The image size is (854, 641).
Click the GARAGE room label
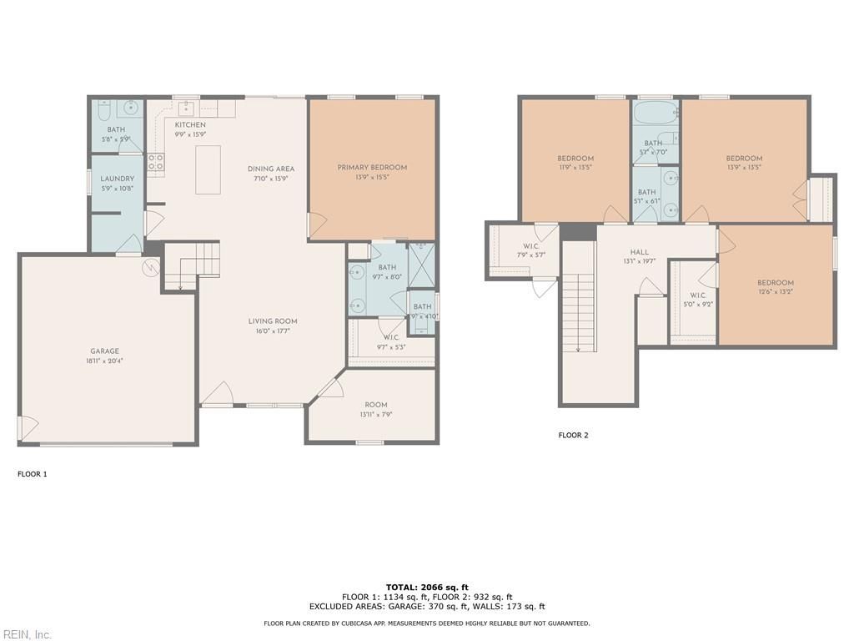[105, 351]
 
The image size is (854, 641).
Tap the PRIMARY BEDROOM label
[372, 168]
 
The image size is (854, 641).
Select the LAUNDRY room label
[117, 179]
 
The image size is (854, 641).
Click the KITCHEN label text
[190, 125]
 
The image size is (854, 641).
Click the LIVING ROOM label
[273, 321]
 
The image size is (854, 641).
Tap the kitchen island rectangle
[208, 169]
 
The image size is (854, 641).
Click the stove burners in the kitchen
[156, 163]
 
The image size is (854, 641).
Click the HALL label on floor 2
[640, 252]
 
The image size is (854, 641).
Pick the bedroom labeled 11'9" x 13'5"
[575, 159]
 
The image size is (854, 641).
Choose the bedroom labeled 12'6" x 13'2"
[776, 283]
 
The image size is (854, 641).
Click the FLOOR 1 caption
[33, 474]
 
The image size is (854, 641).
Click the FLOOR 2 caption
[573, 435]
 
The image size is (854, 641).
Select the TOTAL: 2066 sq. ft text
[426, 588]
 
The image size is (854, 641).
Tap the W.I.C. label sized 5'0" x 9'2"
[698, 295]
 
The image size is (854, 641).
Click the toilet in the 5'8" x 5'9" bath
[103, 110]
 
